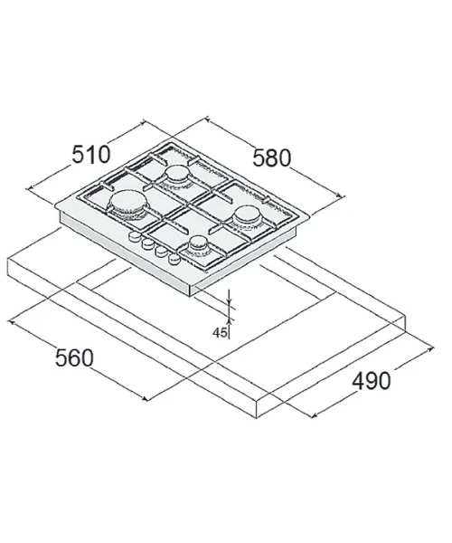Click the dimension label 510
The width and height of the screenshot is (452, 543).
(91, 155)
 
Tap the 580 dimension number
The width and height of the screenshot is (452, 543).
(272, 157)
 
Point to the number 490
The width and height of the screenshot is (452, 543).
(371, 381)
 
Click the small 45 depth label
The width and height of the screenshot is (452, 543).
(220, 332)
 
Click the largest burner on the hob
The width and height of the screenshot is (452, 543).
(127, 204)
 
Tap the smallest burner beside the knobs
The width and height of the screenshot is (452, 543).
(198, 244)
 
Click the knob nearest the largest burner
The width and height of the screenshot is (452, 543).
(134, 237)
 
